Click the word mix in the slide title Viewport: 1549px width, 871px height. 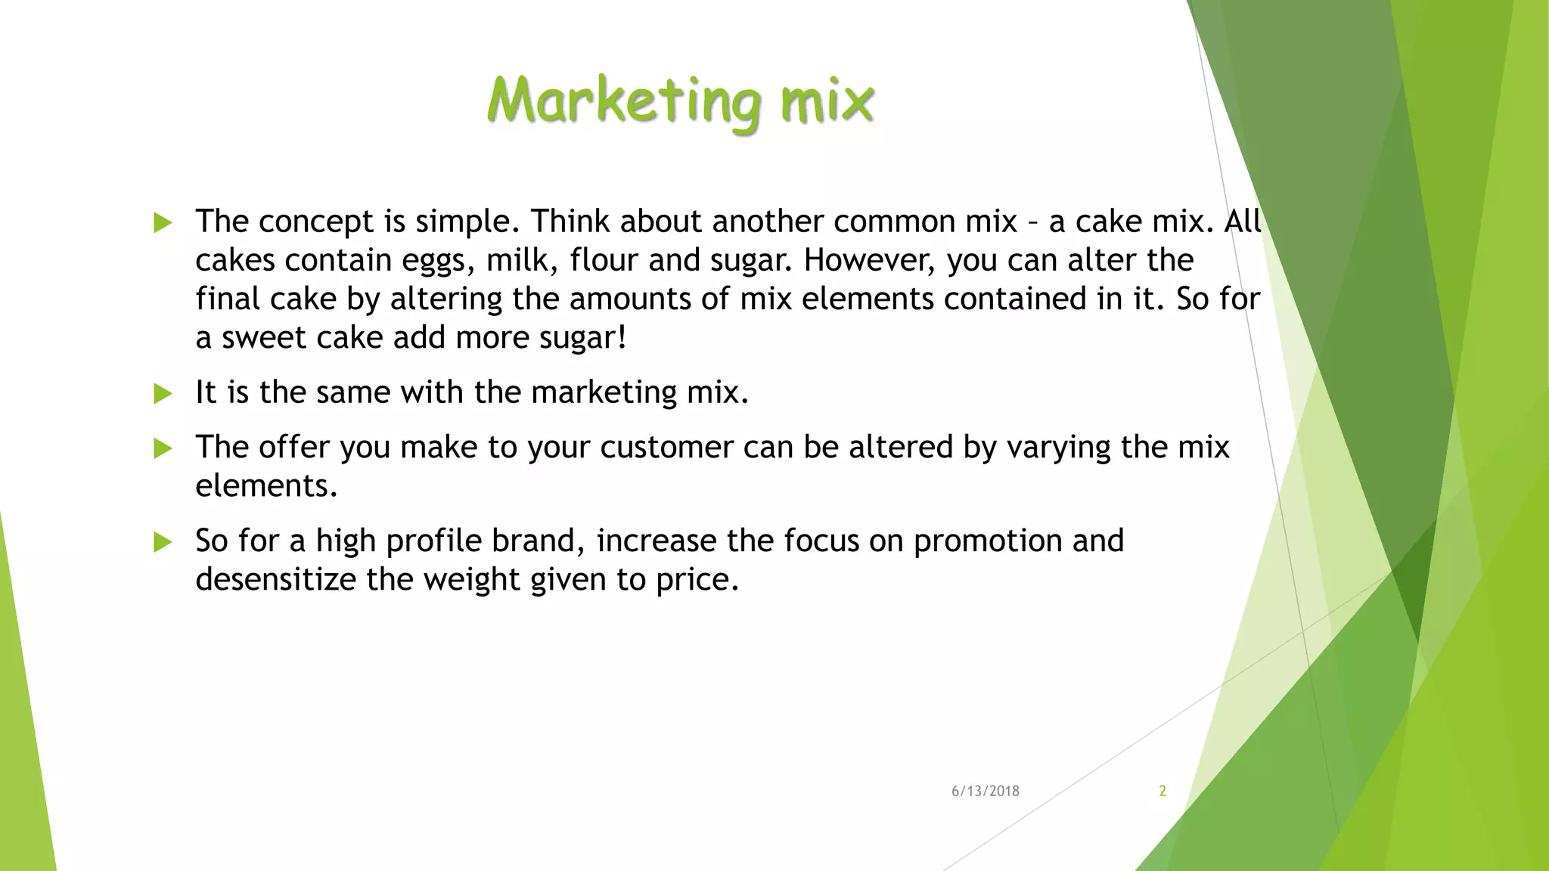(x=827, y=101)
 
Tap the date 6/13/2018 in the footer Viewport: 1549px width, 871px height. (x=985, y=791)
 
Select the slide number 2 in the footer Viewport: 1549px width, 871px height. (x=1163, y=791)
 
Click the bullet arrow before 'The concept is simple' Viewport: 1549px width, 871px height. (x=163, y=222)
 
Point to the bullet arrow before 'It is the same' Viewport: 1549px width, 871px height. (x=163, y=393)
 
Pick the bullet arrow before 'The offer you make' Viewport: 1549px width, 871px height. (x=163, y=448)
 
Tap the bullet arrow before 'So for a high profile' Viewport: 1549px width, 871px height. (x=163, y=541)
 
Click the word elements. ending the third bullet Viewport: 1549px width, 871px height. (x=266, y=486)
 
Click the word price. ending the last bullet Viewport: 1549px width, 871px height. (x=697, y=581)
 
